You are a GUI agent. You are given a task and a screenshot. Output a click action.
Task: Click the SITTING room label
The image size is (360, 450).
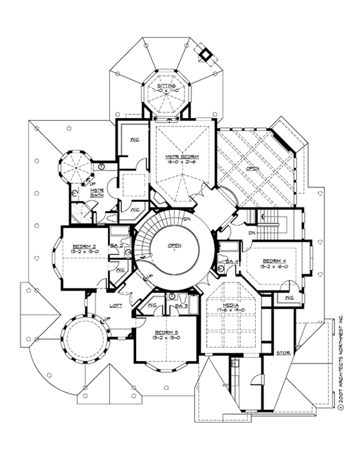click(166, 84)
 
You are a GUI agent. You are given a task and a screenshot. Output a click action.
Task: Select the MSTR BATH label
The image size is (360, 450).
click(81, 195)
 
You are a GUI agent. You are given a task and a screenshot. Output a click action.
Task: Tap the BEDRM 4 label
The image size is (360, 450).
click(275, 259)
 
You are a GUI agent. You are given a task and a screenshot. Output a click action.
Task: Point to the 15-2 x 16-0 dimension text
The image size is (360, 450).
click(275, 266)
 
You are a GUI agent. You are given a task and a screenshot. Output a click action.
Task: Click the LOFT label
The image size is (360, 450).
click(114, 306)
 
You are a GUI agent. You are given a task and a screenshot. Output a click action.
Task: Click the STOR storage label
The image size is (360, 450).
click(282, 352)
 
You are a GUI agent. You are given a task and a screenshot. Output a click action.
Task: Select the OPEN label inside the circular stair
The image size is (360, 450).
click(174, 246)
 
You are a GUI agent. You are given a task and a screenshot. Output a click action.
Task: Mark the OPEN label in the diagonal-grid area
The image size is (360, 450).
click(253, 168)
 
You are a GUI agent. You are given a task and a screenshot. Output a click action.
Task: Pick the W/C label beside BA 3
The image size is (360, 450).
click(152, 306)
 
